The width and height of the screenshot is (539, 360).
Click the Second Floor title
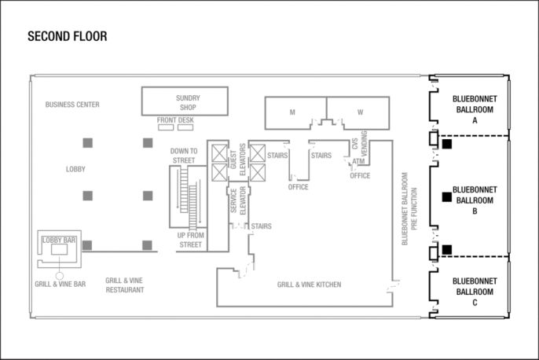pyautogui.click(x=68, y=36)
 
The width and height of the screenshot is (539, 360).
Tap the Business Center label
pyautogui.click(x=72, y=105)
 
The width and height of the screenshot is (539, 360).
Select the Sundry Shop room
pyautogui.click(x=185, y=101)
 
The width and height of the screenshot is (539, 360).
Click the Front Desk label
pyautogui.click(x=175, y=120)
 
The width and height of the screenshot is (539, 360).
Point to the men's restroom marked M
pyautogui.click(x=295, y=112)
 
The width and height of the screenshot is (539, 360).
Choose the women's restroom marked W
pyautogui.click(x=358, y=112)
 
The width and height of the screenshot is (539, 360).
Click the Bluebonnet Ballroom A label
pyautogui.click(x=475, y=110)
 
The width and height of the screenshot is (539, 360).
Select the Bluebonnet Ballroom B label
pyautogui.click(x=475, y=200)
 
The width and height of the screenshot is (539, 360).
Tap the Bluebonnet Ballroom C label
pyautogui.click(x=475, y=292)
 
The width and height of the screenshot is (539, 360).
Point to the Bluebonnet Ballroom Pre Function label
pyautogui.click(x=409, y=209)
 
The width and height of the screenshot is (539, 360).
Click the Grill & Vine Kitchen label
pyautogui.click(x=309, y=285)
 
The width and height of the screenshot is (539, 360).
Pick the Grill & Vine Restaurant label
pyautogui.click(x=124, y=285)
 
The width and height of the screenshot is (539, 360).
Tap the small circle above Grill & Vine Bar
pyautogui.click(x=60, y=276)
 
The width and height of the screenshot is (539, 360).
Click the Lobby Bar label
pyautogui.click(x=59, y=240)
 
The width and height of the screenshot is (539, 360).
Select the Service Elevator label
pyautogui.click(x=238, y=200)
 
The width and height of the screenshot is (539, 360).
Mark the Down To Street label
pyautogui.click(x=184, y=156)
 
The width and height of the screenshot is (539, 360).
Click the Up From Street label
pyautogui.click(x=190, y=240)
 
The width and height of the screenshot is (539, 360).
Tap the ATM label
pyautogui.click(x=358, y=161)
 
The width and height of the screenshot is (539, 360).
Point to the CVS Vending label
pyautogui.click(x=360, y=143)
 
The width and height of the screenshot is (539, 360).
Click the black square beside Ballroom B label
pyautogui.click(x=447, y=197)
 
